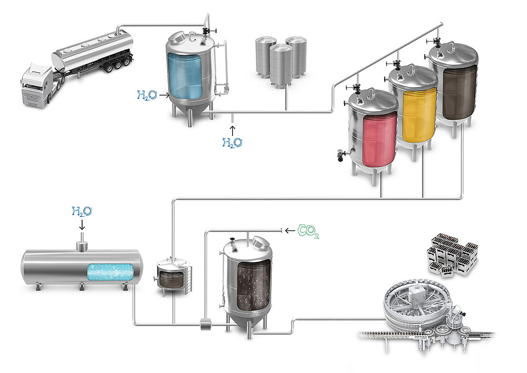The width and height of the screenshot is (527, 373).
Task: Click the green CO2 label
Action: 308,231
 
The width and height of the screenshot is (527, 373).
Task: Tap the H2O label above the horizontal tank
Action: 81,212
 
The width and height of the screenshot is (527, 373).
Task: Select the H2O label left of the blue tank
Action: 146,95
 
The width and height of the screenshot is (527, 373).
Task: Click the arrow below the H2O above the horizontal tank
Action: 82,224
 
